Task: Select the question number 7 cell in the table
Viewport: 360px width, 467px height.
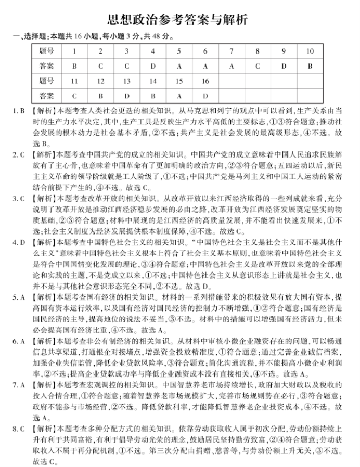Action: point(231,51)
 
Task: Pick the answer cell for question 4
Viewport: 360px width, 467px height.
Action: point(152,66)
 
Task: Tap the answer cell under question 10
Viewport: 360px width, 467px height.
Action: point(310,66)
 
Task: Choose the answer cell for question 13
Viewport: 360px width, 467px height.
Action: point(126,96)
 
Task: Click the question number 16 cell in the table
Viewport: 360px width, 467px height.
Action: point(205,81)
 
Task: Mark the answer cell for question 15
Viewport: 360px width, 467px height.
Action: point(179,96)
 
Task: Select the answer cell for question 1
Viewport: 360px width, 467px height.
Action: point(74,66)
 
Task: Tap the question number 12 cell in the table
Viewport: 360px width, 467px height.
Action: point(100,81)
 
